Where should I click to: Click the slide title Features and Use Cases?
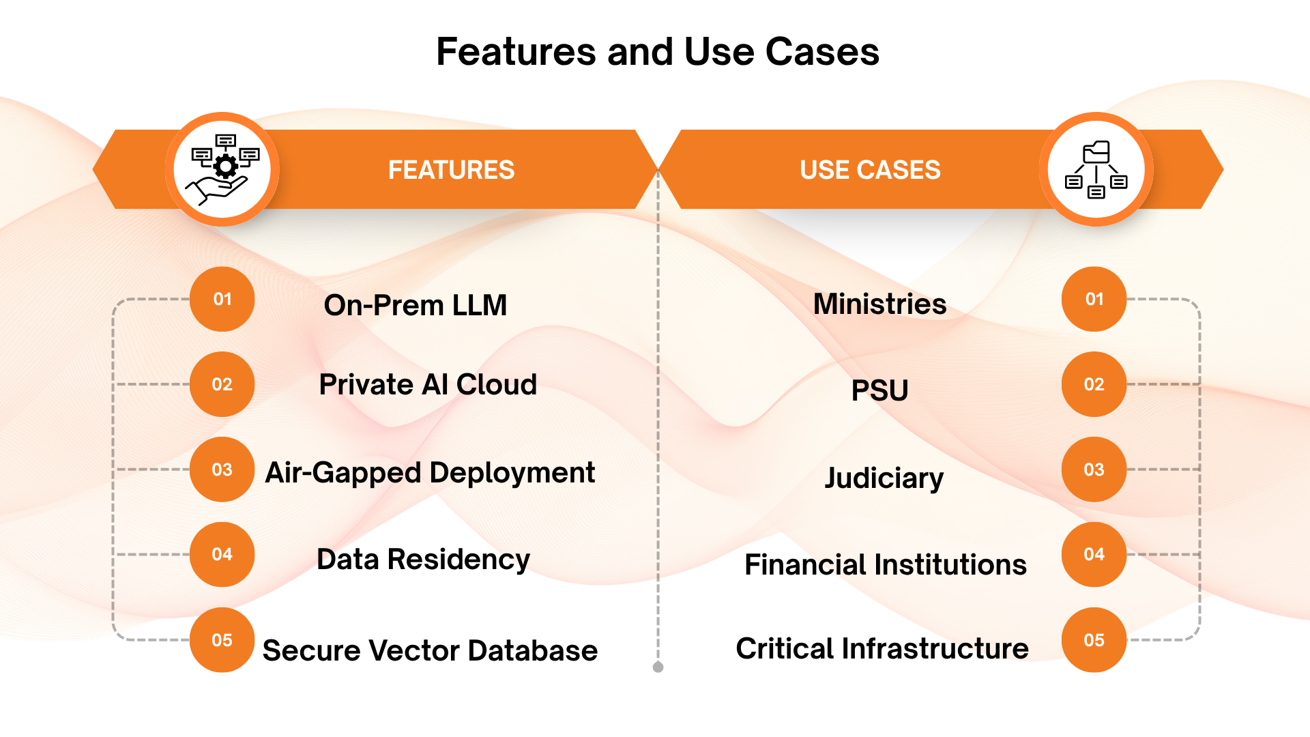tap(658, 52)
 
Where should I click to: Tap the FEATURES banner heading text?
tap(451, 170)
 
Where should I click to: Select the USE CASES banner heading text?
tap(870, 170)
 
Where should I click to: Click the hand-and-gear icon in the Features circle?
tap(223, 170)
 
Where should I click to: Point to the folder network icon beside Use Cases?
tap(1096, 170)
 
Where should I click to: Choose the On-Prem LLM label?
tap(416, 305)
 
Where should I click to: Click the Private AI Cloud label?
tap(428, 384)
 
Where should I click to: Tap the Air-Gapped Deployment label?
tap(430, 473)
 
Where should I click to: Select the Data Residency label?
tap(423, 560)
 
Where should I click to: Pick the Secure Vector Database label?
tap(430, 650)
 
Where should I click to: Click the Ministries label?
tap(879, 304)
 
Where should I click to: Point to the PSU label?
tap(879, 390)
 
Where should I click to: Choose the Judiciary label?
tap(884, 478)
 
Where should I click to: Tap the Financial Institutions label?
tap(885, 565)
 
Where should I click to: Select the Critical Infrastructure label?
tap(882, 648)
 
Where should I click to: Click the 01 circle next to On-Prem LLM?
tap(222, 299)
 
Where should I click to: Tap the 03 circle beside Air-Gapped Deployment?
tap(222, 469)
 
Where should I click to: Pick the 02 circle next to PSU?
tap(1094, 384)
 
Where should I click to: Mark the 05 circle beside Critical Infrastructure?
tap(1094, 640)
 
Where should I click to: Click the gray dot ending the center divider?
tap(658, 667)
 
